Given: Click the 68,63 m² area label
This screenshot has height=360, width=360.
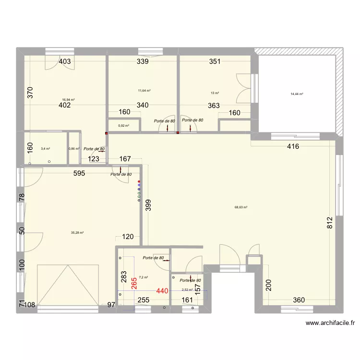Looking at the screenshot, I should tap(240, 207).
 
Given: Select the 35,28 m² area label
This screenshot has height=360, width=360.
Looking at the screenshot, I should tap(77, 233).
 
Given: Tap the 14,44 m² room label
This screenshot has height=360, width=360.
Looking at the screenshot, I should tap(297, 94).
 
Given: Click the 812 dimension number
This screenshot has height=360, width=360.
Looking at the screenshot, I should tap(329, 223).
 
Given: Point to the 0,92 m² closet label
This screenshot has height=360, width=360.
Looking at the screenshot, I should tap(123, 126).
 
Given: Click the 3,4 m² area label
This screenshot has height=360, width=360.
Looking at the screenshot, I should tap(46, 149).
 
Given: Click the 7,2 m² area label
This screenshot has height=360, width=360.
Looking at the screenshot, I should tap(143, 277).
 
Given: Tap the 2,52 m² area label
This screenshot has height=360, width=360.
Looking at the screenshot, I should tap(187, 289).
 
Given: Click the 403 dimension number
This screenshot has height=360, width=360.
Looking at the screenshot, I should tap(65, 61).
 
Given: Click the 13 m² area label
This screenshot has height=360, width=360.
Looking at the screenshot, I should tap(215, 93).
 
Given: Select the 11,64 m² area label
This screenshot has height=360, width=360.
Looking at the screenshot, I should tap(144, 90).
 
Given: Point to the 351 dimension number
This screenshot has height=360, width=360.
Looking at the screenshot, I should tap(215, 61).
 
